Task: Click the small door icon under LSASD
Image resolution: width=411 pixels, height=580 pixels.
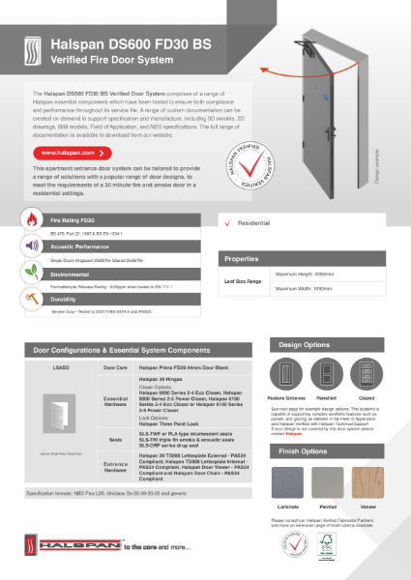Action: tap(60, 404)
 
